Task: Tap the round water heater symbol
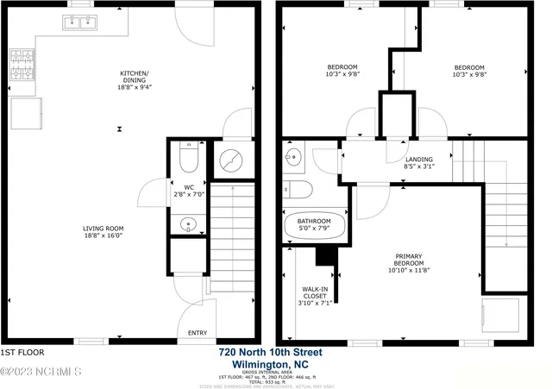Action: click(x=233, y=160)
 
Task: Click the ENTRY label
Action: click(x=198, y=333)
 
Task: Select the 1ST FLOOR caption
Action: click(x=22, y=353)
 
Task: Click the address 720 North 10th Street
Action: click(x=270, y=352)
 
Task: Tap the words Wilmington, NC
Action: click(x=270, y=363)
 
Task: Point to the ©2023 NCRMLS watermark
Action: click(x=41, y=372)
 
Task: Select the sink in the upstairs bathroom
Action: click(x=293, y=157)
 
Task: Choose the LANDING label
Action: click(x=419, y=160)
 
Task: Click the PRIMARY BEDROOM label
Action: click(x=409, y=260)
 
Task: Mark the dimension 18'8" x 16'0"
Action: click(x=104, y=235)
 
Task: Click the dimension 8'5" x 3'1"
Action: click(x=419, y=166)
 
